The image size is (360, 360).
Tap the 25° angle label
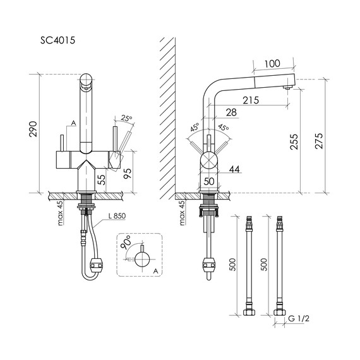pyautogui.click(x=127, y=118)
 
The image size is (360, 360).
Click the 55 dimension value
pyautogui.click(x=100, y=179)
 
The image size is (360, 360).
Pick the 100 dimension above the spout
pyautogui.click(x=272, y=64)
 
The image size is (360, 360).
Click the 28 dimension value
pyautogui.click(x=231, y=112)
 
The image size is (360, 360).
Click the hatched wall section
pyautogui.click(x=167, y=114)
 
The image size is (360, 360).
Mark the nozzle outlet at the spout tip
pyautogui.click(x=288, y=90)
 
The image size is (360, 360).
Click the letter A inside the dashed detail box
pyautogui.click(x=155, y=270)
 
